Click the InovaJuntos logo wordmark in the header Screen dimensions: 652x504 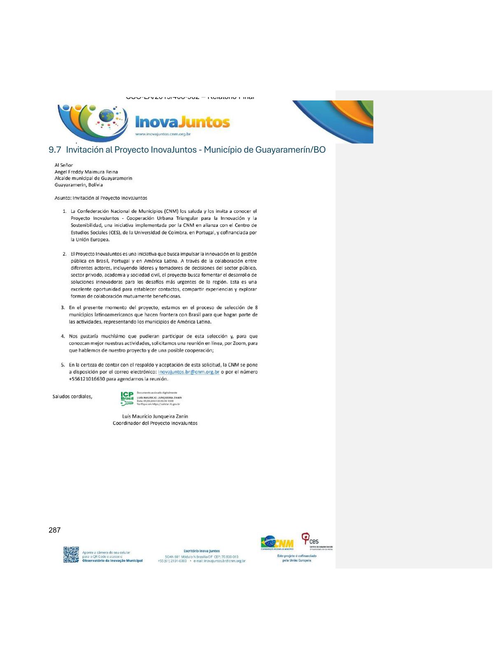click(x=182, y=122)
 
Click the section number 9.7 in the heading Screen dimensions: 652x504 click(x=54, y=150)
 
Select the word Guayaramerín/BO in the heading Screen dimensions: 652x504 click(x=290, y=150)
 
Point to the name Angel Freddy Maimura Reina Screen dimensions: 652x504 click(x=86, y=172)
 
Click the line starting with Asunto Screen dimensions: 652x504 click(x=101, y=198)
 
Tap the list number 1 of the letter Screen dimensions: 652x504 click(x=65, y=211)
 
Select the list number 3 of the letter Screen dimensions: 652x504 click(x=63, y=307)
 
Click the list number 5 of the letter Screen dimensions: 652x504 click(x=63, y=365)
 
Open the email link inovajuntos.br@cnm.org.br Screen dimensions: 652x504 click(x=189, y=372)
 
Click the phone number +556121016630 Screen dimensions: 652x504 click(x=87, y=379)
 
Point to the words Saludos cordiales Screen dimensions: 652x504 click(x=72, y=397)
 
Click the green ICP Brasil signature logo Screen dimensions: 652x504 click(x=127, y=398)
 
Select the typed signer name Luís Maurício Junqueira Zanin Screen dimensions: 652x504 click(x=155, y=417)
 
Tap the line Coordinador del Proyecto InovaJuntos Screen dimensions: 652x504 click(x=155, y=423)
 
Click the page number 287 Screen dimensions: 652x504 click(x=54, y=530)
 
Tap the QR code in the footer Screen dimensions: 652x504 click(x=71, y=554)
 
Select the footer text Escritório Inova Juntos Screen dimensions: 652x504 click(x=202, y=551)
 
